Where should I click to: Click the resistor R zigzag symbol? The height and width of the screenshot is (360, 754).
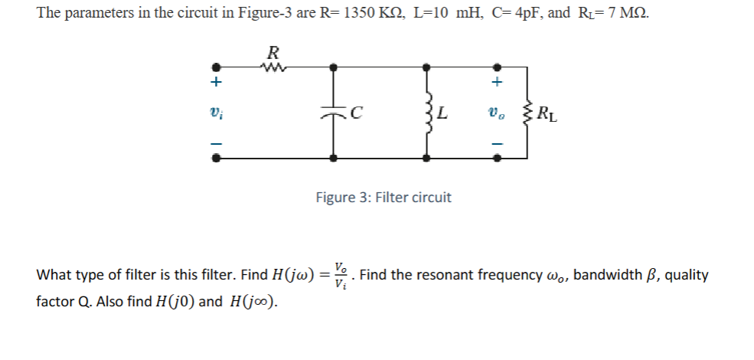[273, 67]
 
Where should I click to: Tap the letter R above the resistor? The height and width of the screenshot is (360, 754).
[273, 53]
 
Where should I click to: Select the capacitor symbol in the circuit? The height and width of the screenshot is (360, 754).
[333, 113]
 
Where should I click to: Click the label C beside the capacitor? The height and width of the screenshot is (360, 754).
[355, 116]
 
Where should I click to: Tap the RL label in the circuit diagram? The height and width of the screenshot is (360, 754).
[547, 116]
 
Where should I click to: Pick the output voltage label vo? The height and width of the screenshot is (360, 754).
[497, 115]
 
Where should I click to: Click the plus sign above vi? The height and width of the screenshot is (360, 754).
[217, 81]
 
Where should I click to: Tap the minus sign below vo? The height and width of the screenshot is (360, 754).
[497, 143]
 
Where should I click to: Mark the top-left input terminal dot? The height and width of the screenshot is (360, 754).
[217, 67]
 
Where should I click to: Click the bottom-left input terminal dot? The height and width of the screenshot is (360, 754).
[217, 159]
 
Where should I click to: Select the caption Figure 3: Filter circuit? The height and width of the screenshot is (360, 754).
[384, 198]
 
